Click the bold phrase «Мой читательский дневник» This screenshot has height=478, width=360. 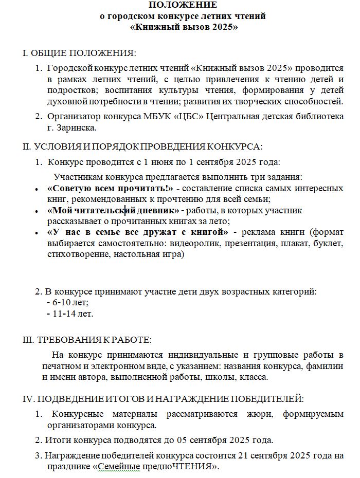click(113, 211)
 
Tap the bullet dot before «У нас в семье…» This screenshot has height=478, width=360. click(35, 233)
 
